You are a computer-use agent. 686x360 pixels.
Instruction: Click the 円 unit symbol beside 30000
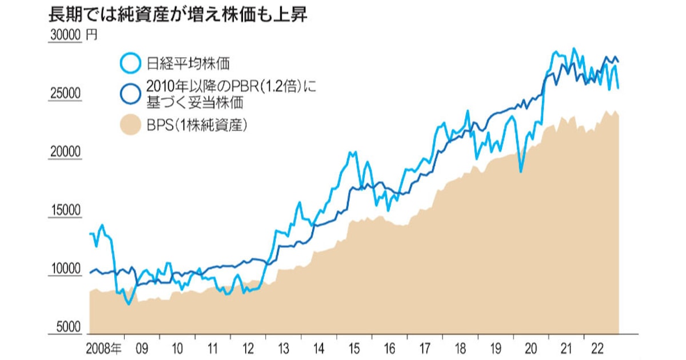click(91, 35)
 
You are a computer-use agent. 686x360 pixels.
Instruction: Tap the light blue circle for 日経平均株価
click(130, 62)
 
